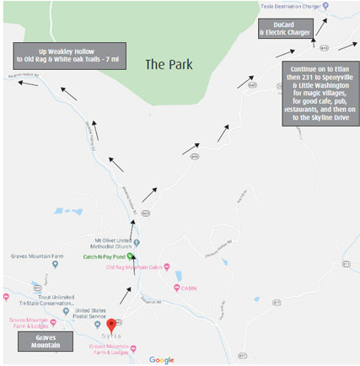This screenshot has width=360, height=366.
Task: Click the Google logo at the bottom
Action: coord(161,359)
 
